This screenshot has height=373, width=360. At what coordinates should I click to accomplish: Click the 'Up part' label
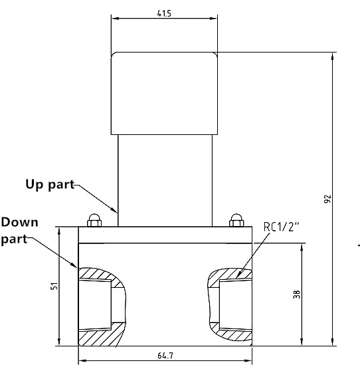click(x=50, y=184)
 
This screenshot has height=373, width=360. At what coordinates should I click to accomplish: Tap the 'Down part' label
click(x=20, y=230)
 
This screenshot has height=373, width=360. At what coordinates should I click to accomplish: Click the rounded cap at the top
click(x=165, y=93)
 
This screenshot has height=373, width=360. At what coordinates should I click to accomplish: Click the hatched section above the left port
click(x=100, y=274)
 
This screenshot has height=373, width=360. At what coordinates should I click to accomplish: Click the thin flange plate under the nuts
click(x=165, y=235)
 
